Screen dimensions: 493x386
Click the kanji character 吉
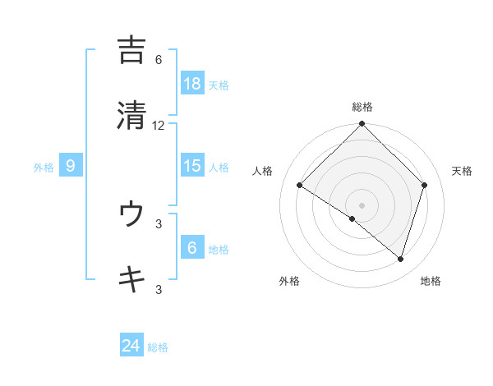coord(131,50)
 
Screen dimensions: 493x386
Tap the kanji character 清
coord(131,115)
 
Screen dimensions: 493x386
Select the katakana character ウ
coord(131,214)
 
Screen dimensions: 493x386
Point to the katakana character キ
coord(131,279)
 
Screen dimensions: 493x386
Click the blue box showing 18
coord(192,83)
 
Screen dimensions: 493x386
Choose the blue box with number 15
coord(192,166)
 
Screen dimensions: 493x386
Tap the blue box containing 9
coord(71,166)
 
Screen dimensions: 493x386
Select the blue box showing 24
coord(131,346)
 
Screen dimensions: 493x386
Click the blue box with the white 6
coord(192,248)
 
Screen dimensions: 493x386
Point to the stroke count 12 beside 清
coord(159,125)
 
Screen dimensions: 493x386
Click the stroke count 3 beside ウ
coord(159,223)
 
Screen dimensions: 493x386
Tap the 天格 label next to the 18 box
coord(219,85)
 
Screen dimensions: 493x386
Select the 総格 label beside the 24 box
coord(158,347)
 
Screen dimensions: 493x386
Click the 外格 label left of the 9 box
coord(44,167)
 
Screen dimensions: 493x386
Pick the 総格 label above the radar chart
coord(362,107)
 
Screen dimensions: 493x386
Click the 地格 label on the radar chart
coord(431,281)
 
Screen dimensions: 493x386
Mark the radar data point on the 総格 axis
coord(362,125)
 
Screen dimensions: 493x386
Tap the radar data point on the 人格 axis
coord(300,186)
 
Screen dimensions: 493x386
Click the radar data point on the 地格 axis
coord(401,259)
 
